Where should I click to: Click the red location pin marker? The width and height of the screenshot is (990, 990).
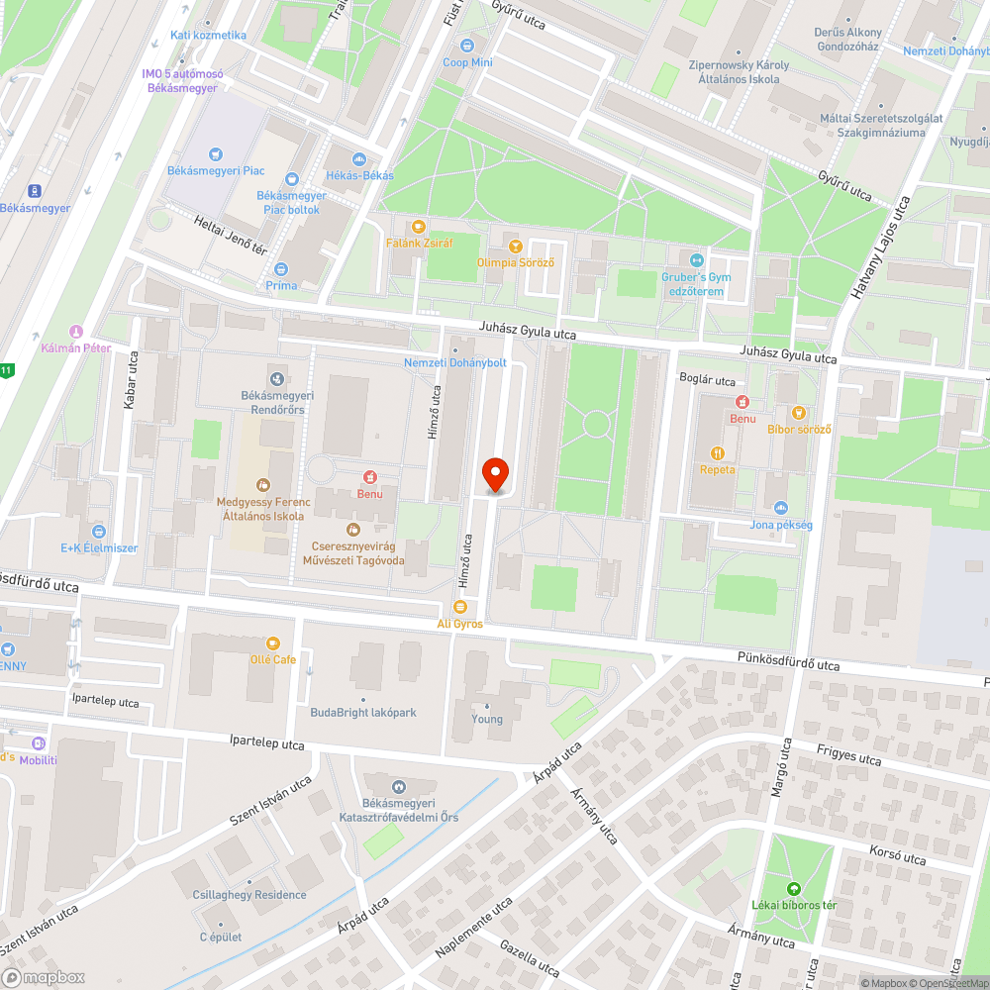(494, 473)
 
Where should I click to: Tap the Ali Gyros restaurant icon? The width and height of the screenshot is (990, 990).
(459, 607)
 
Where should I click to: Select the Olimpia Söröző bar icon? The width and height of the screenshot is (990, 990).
(514, 245)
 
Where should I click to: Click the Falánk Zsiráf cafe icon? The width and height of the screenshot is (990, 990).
(418, 225)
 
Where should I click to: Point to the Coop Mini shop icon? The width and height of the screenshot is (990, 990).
(468, 46)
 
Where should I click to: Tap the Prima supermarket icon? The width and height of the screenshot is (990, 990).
(281, 268)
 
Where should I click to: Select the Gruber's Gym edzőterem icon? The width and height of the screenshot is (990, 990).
(696, 259)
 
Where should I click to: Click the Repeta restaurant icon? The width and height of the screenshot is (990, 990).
(717, 452)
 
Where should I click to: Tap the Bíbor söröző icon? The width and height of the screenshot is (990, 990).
(799, 412)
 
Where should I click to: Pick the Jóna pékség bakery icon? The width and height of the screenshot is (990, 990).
(781, 507)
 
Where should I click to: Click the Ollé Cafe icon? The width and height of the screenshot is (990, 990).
(272, 643)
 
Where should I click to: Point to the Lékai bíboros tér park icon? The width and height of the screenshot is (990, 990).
(793, 888)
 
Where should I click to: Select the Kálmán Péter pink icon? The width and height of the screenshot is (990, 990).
(75, 331)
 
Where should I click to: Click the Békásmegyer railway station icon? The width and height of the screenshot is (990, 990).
(36, 190)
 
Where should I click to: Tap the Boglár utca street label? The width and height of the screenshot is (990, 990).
(707, 380)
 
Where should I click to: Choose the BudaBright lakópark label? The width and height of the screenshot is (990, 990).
(362, 713)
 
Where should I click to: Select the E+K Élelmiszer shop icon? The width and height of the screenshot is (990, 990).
(98, 531)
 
